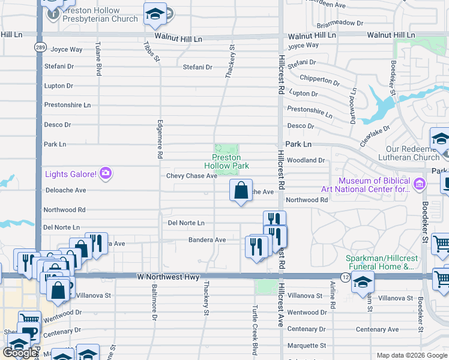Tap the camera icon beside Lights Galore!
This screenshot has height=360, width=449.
coord(106,174)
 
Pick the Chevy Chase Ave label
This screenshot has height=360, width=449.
coord(191,176)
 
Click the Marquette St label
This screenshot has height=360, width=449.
coord(307,346)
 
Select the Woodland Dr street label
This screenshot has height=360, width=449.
coord(306,160)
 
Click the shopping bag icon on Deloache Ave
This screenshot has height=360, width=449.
coord(240,191)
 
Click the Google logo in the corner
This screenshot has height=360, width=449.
coord(20,353)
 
